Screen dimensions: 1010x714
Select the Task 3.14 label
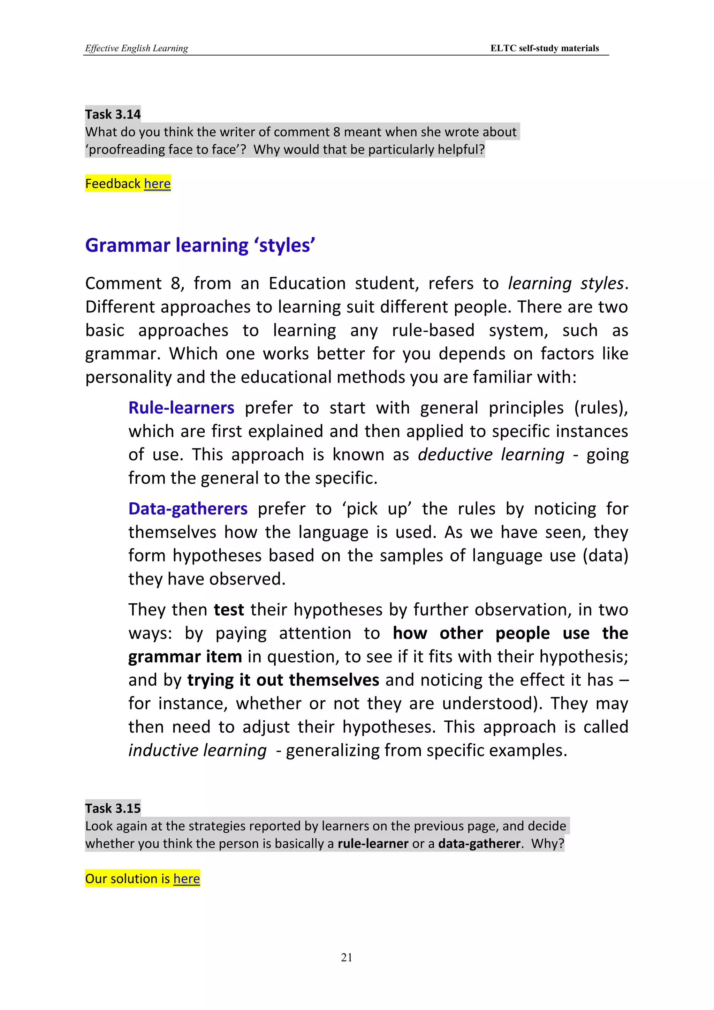pyautogui.click(x=113, y=114)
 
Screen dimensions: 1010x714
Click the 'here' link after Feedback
pyautogui.click(x=157, y=183)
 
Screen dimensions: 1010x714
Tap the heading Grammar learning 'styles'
pyautogui.click(x=200, y=245)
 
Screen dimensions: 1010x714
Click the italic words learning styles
pyautogui.click(x=565, y=283)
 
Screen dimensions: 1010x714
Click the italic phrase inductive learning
pyautogui.click(x=197, y=750)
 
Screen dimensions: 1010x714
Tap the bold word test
pyautogui.click(x=229, y=610)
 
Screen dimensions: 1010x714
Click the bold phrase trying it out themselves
pyautogui.click(x=283, y=680)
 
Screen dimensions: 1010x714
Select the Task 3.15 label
pyautogui.click(x=113, y=808)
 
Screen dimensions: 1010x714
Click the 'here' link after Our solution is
pyautogui.click(x=187, y=879)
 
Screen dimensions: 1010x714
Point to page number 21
pyautogui.click(x=347, y=957)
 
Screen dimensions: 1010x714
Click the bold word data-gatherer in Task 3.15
pyautogui.click(x=479, y=843)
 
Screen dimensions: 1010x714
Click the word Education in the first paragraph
pyautogui.click(x=307, y=283)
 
